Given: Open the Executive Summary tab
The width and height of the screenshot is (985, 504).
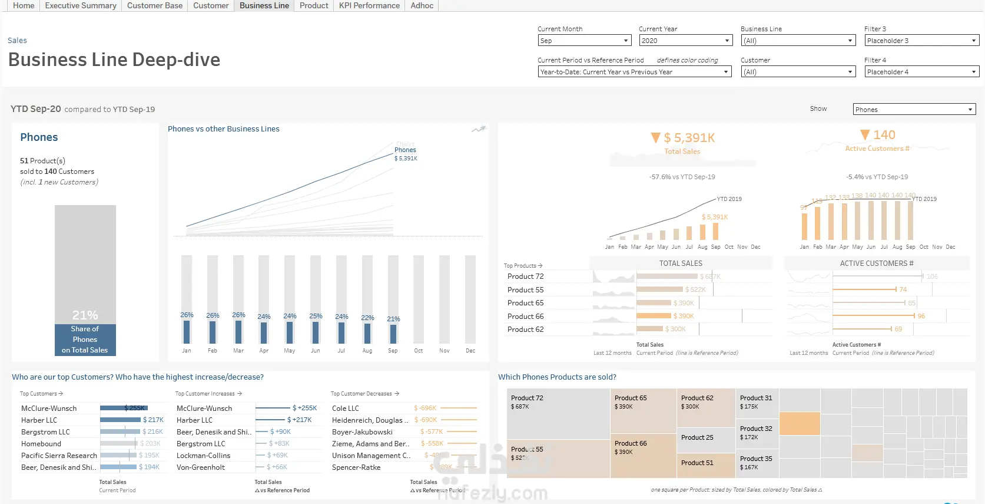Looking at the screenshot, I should [x=81, y=6].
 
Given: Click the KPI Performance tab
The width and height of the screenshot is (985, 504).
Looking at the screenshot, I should [x=369, y=6].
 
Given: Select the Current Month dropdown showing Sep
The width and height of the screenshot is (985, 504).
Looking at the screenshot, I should [x=585, y=41].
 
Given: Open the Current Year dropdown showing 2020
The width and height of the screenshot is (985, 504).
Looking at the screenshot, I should [x=685, y=41].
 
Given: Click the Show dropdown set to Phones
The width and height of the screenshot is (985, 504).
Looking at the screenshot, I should [x=914, y=110].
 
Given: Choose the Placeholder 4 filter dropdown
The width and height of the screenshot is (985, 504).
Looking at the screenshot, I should [x=921, y=72].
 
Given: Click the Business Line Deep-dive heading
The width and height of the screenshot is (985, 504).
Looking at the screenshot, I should [x=114, y=60].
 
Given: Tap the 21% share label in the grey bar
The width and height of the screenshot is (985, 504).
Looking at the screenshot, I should [x=85, y=315].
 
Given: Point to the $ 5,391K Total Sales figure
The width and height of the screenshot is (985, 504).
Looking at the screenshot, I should [x=689, y=138].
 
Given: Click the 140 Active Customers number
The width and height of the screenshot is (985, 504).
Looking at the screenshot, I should [x=884, y=135].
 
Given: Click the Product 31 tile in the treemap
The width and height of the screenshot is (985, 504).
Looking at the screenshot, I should [x=756, y=398].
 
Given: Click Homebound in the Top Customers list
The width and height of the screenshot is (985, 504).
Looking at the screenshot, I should [x=41, y=444].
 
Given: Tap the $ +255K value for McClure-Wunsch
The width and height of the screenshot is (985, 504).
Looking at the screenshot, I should [x=305, y=408].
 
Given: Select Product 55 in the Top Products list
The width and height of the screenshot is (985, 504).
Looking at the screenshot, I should [x=526, y=290].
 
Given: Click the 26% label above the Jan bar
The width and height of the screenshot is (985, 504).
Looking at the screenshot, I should [x=187, y=315].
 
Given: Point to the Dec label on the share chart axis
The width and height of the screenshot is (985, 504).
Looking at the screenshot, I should [x=470, y=351].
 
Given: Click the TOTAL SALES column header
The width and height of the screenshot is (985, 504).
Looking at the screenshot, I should [x=681, y=263].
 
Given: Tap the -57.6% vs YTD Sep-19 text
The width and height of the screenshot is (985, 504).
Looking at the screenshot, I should [x=682, y=177].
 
